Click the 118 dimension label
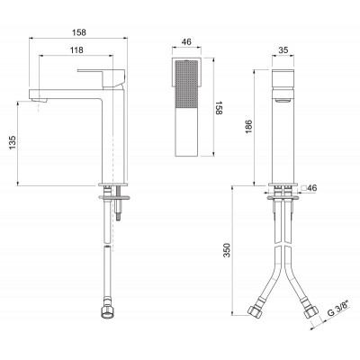[x=76, y=50]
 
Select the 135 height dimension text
[x=13, y=143]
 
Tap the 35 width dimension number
[x=283, y=50]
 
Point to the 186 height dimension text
[x=249, y=127]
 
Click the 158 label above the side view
[x=79, y=32]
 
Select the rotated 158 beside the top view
[x=219, y=107]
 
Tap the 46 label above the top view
[x=186, y=42]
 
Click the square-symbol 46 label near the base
[x=309, y=188]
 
